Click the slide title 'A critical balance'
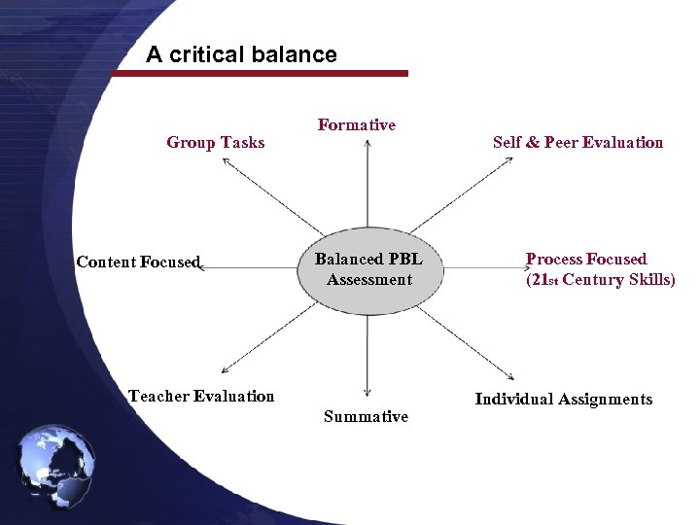point(241,54)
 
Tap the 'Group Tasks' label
point(215,143)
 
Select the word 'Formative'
point(356,124)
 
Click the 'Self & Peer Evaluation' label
point(577,143)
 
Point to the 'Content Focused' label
point(138,262)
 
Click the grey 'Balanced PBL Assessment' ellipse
point(368,270)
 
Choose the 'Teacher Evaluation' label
point(201,396)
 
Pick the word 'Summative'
point(366,416)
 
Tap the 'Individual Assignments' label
point(563,399)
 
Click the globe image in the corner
point(56,466)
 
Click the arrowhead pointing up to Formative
point(367,144)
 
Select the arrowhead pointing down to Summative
point(367,393)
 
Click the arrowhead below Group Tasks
point(225,161)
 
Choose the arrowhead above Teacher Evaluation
point(225,370)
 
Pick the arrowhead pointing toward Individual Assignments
point(510,377)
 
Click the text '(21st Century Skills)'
point(600,280)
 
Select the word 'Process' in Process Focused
point(554,260)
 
